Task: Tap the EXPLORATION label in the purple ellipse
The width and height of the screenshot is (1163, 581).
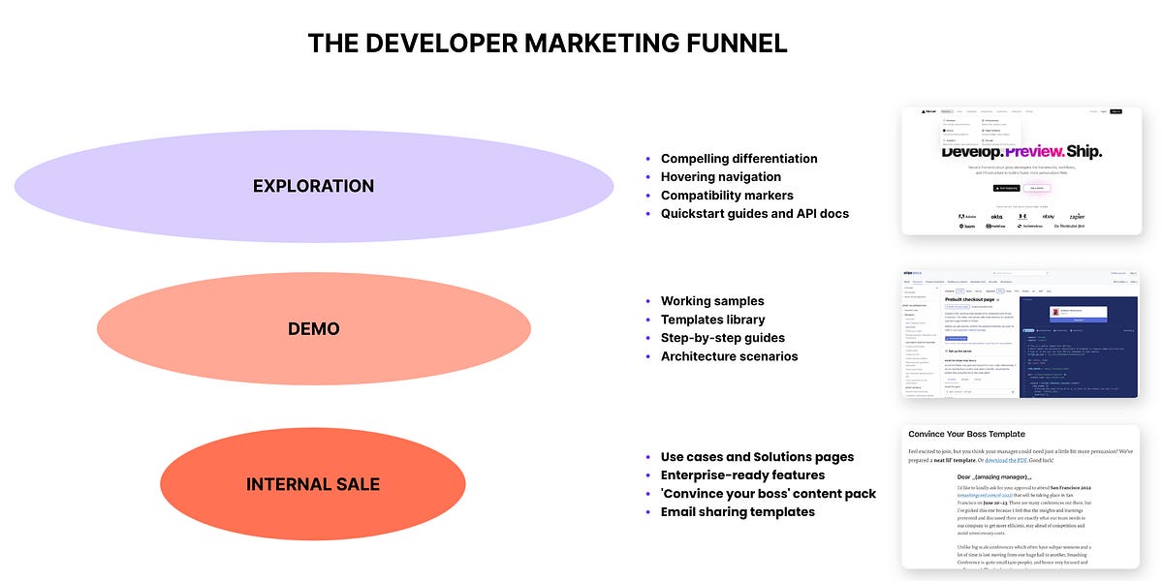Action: pos(313,186)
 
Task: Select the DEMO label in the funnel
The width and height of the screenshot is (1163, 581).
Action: pos(313,329)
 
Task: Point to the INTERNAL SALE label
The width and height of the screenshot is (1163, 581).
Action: pos(313,484)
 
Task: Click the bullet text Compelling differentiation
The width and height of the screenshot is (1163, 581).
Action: pos(739,159)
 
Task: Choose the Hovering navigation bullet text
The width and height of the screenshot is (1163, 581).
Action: pos(720,177)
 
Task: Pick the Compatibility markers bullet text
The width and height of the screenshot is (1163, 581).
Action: pos(727,196)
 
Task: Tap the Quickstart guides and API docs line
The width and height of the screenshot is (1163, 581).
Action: pos(754,214)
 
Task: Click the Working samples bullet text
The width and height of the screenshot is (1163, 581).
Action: pos(712,301)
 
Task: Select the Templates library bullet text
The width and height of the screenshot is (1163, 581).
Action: pos(712,320)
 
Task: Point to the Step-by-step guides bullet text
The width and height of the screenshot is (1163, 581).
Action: pos(722,338)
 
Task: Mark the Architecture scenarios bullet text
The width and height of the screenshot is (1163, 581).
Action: pos(729,356)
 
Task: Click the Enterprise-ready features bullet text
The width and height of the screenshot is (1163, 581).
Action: pos(742,475)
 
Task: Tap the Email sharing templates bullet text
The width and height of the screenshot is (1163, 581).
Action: pos(738,512)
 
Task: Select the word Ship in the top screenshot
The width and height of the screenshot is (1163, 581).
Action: pos(1084,152)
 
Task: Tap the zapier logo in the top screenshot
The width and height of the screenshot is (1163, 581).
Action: pos(1077,216)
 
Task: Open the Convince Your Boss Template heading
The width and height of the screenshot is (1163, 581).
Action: pos(966,434)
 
